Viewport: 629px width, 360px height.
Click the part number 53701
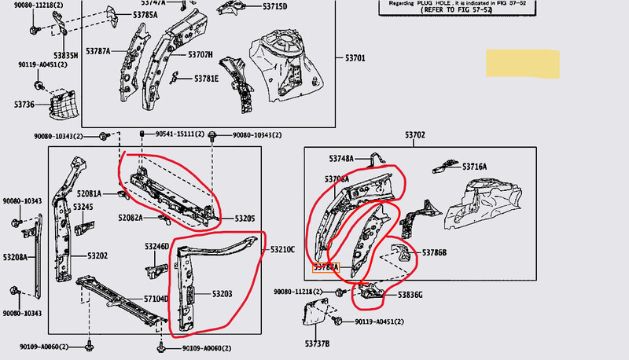(355, 58)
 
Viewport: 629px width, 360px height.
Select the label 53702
(414, 136)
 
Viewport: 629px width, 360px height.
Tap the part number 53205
(245, 219)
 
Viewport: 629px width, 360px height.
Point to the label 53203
(222, 293)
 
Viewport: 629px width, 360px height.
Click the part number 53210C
(283, 250)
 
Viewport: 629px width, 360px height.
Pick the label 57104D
(156, 299)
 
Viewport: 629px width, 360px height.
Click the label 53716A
(474, 167)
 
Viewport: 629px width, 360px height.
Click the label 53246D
(156, 247)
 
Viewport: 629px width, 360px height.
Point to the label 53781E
(206, 78)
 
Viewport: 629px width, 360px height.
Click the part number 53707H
(200, 54)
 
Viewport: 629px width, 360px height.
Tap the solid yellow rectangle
(522, 62)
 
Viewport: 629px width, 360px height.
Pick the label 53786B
(434, 252)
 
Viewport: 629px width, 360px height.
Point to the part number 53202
(97, 255)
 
